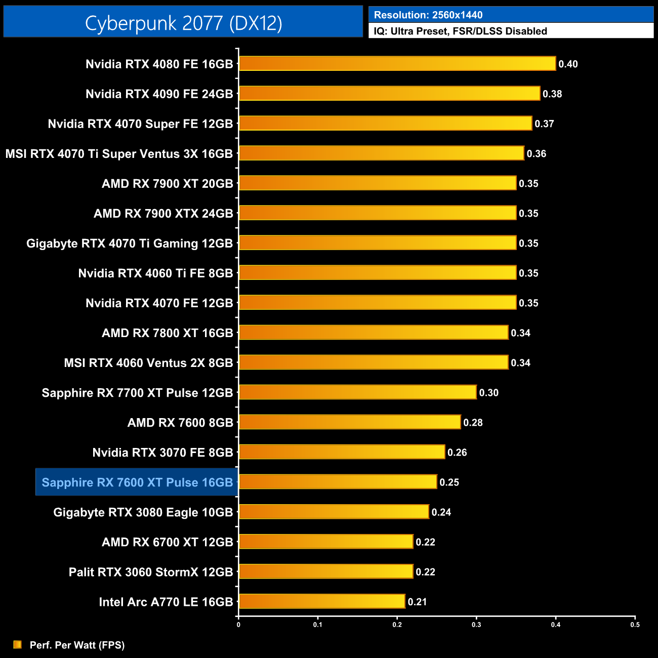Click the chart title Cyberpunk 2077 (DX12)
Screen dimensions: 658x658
[183, 23]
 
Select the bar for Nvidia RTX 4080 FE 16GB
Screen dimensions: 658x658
[397, 64]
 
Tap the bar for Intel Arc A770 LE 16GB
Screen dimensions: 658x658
[322, 601]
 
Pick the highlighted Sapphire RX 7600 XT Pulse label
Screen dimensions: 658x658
[137, 482]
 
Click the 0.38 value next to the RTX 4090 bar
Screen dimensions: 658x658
[552, 94]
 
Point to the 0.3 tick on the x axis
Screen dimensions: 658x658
[476, 625]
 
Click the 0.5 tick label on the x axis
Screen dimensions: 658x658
[635, 625]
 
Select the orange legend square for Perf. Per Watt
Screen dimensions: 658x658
[18, 644]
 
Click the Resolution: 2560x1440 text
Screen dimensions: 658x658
[428, 15]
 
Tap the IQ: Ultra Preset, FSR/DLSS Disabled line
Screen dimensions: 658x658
[460, 31]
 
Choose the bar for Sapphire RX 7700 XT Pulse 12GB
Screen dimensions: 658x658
[358, 392]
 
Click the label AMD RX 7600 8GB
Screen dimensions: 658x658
[180, 423]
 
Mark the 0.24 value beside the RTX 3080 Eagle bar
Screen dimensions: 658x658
[441, 512]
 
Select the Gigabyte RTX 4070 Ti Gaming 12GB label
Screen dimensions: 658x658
[130, 243]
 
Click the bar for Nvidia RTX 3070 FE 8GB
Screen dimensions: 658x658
[342, 452]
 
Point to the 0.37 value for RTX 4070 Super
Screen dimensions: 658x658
[544, 124]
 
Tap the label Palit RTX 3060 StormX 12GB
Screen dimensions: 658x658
[151, 572]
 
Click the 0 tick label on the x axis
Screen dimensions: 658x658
[238, 625]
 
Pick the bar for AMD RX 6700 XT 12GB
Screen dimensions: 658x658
[326, 542]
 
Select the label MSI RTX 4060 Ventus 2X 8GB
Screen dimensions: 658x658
[148, 363]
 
